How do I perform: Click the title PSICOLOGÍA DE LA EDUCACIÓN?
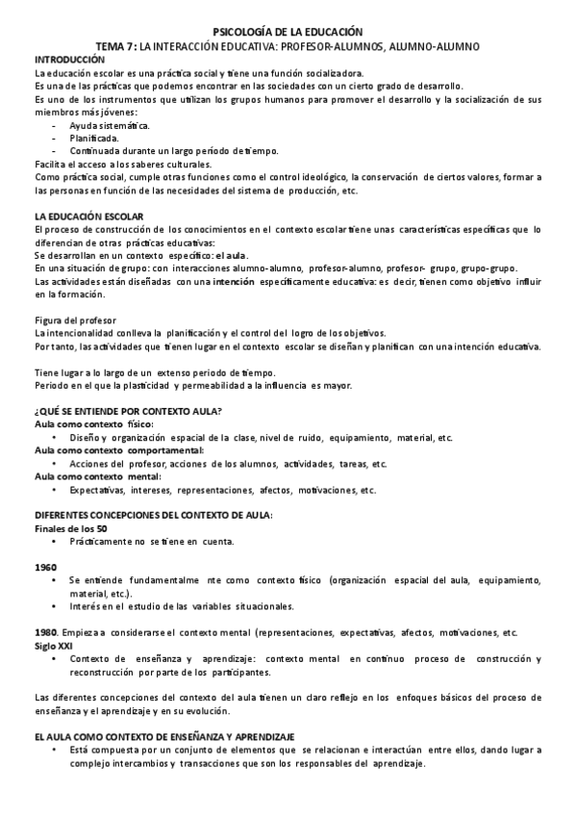tap(288, 32)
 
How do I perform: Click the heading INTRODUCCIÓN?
tap(68, 59)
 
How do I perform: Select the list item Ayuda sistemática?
tap(109, 125)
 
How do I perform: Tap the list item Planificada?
tap(94, 138)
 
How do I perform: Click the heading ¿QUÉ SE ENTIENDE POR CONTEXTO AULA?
tap(128, 411)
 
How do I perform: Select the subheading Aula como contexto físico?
tap(93, 424)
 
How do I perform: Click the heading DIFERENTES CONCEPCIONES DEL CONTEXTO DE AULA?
tap(154, 516)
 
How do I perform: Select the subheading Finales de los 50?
tap(70, 528)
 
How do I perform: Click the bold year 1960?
tap(44, 568)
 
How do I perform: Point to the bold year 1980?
tap(44, 632)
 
